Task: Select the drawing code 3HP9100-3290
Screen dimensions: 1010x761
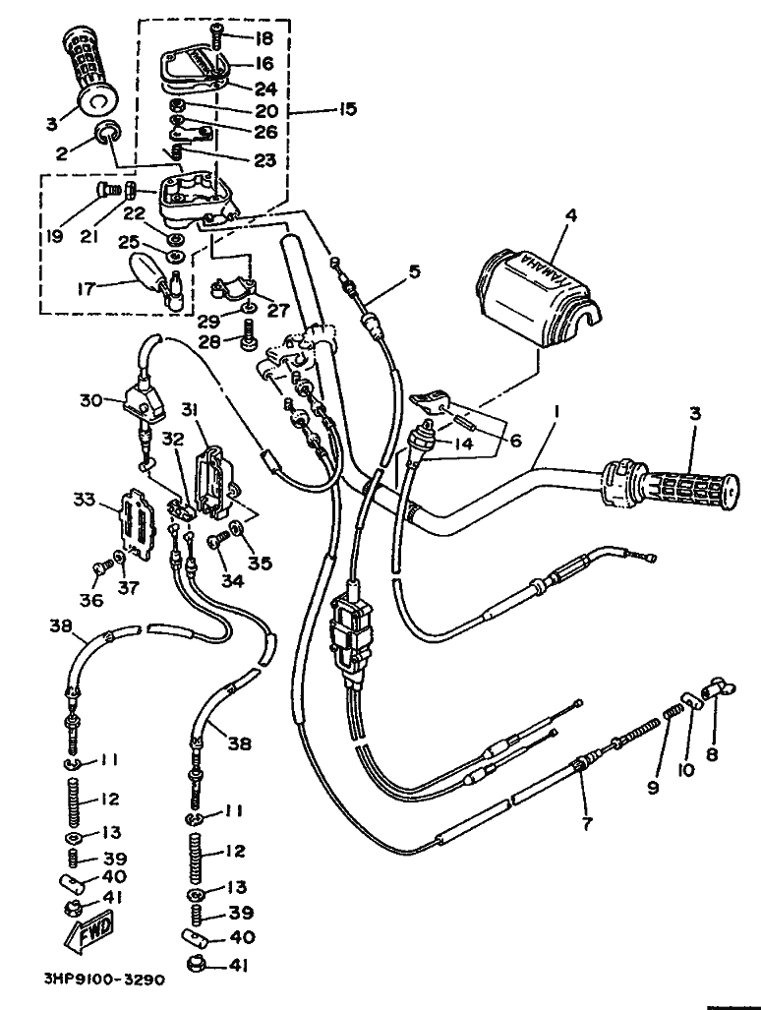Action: coord(103,980)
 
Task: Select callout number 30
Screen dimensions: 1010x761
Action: coord(89,400)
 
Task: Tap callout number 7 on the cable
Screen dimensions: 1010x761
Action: coord(587,824)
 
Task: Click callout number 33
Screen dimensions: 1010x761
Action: coord(85,500)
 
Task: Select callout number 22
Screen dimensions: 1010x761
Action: coord(135,212)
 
